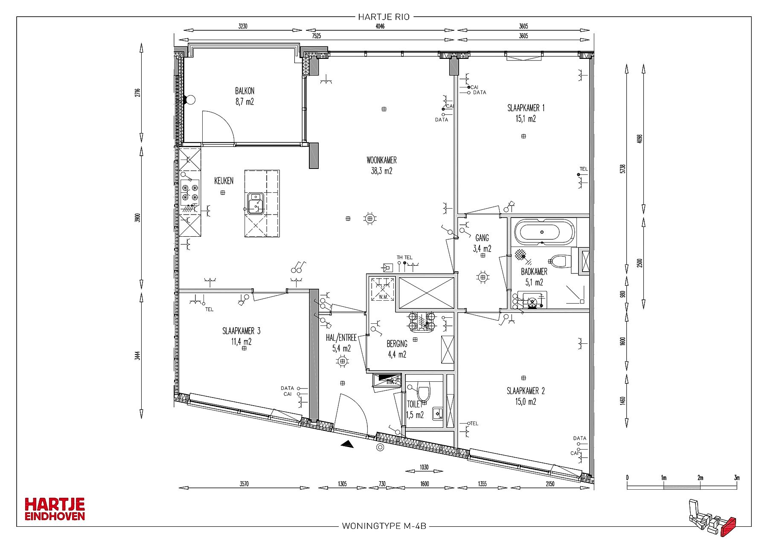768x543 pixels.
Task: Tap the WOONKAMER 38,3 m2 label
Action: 381,166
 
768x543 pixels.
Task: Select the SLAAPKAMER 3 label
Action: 241,331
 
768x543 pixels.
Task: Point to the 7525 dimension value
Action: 316,36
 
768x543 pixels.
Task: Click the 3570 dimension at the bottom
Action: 244,484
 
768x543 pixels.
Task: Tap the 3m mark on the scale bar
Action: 737,478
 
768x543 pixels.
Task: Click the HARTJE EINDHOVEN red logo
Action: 55,509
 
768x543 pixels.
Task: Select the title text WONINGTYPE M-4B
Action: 384,526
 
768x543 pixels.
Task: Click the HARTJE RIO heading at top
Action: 384,17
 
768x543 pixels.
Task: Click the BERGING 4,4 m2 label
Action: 397,348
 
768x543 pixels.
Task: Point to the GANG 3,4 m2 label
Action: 482,243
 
